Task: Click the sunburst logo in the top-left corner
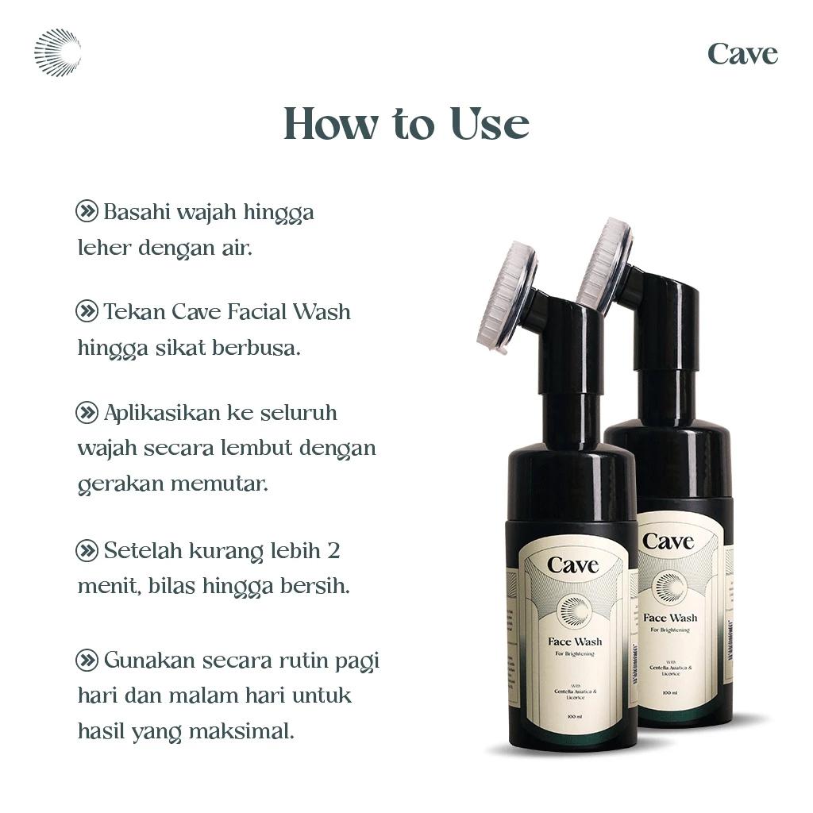57,53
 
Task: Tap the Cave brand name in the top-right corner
742,55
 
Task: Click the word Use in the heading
490,125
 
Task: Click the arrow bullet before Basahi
87,211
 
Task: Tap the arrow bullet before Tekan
87,311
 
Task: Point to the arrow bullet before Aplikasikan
87,412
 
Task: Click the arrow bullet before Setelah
87,549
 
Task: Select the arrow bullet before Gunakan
87,660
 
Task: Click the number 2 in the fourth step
333,550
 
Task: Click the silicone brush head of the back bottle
605,266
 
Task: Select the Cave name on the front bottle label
572,565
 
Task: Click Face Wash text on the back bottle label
670,618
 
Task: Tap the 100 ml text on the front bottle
575,718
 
